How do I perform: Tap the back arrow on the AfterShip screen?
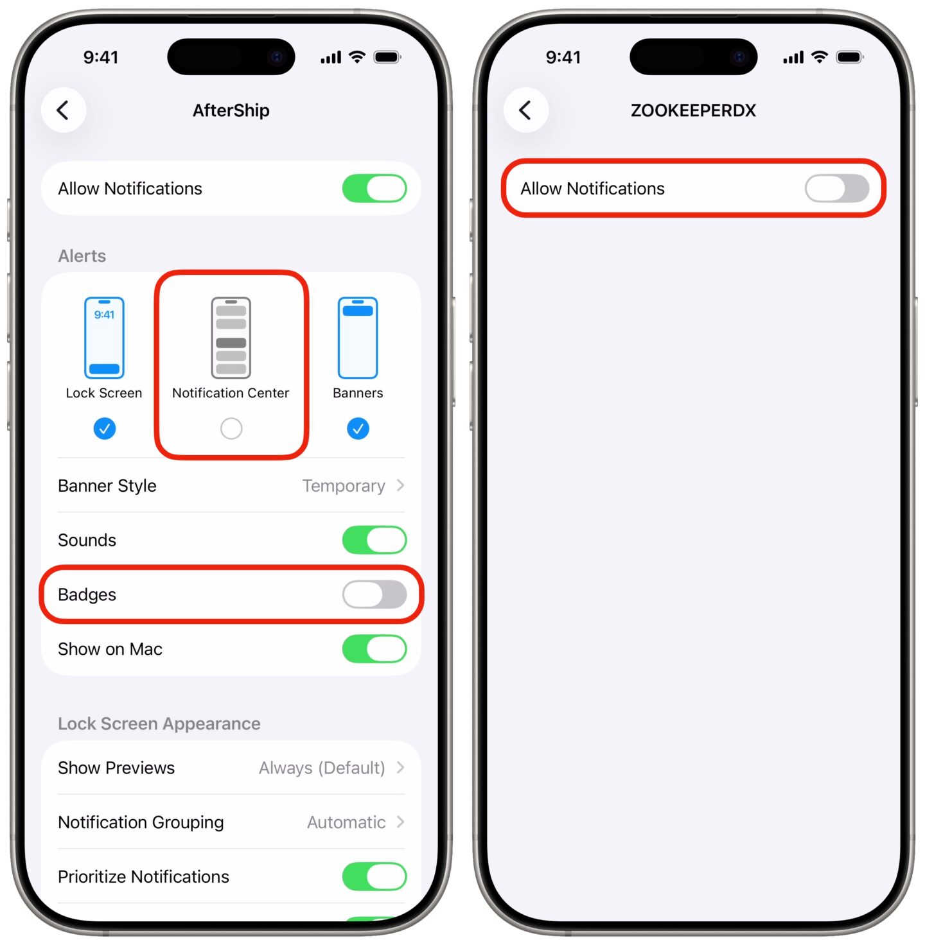63,110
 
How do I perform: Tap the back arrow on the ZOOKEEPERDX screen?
525,110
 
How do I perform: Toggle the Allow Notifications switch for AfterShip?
374,189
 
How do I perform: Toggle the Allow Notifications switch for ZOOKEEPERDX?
836,189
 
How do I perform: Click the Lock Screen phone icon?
104,338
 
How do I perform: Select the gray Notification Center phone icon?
231,338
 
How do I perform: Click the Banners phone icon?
358,338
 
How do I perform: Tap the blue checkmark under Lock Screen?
104,428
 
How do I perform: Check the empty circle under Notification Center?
231,428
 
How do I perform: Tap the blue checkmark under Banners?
358,428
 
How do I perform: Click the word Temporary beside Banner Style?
344,486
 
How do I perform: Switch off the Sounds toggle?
374,540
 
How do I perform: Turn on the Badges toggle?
374,594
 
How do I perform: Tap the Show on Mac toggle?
374,649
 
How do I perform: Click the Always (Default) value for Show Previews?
322,768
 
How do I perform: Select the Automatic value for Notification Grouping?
346,822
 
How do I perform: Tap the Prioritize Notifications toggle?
374,877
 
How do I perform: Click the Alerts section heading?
82,256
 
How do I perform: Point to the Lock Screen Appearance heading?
159,724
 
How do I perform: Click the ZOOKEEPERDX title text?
693,110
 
